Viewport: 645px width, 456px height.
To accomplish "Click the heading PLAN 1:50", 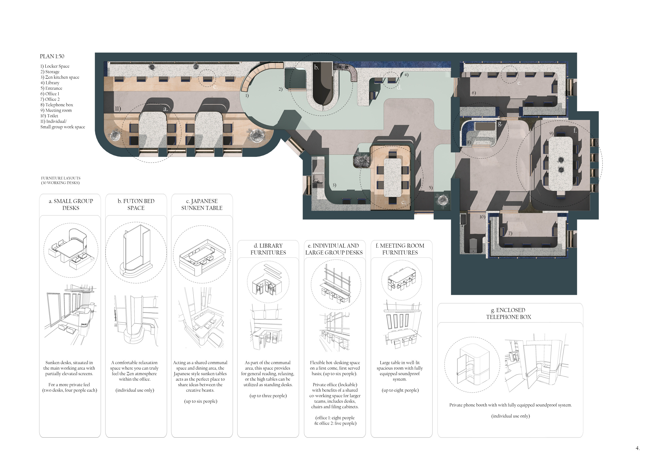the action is point(52,56).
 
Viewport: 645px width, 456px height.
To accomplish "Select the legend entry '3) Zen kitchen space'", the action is point(60,77).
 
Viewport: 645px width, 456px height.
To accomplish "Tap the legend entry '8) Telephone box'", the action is point(57,105).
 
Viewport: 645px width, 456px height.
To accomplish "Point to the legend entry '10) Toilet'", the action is point(49,116).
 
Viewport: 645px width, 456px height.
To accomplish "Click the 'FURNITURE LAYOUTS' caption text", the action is point(61,178).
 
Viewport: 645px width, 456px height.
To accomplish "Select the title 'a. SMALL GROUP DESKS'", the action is point(71,205).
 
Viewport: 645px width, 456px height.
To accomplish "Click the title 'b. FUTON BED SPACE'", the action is point(136,205).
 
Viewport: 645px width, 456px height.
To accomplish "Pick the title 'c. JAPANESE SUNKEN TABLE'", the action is point(202,205).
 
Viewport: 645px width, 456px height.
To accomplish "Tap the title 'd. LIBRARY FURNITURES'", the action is point(268,249).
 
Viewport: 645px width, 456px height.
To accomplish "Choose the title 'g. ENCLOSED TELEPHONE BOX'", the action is point(509,313).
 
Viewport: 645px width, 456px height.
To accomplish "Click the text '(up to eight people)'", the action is point(400,390).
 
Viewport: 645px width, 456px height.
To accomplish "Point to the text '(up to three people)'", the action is point(268,396).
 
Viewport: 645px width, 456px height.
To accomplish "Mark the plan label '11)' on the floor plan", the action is point(118,109).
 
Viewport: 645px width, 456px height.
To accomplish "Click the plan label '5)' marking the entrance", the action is point(430,188).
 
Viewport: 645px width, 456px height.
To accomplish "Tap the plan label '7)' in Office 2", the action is point(510,233).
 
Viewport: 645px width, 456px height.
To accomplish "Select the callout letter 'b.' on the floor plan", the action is point(317,67).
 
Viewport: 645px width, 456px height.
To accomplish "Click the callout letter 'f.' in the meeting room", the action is point(575,130).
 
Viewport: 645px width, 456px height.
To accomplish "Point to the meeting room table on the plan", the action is point(560,164).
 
